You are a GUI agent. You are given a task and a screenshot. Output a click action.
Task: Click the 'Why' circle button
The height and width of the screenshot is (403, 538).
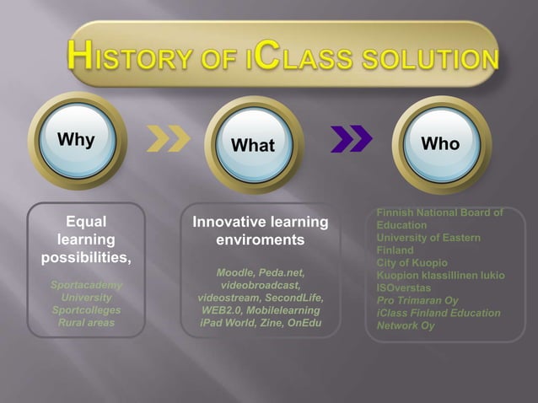[x=78, y=141]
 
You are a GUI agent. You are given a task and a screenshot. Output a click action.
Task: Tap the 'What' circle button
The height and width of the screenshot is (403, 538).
[x=254, y=145]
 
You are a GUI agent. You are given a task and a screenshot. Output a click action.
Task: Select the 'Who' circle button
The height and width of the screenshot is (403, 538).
[x=442, y=144]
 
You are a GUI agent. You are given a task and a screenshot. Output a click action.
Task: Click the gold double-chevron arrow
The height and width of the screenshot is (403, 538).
[x=169, y=138]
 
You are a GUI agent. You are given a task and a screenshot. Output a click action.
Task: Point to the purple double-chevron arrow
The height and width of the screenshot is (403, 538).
[x=352, y=138]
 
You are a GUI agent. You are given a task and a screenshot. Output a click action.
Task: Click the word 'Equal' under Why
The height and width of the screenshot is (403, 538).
[x=86, y=222]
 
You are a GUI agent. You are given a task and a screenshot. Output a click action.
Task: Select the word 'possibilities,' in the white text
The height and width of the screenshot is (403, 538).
[x=86, y=258]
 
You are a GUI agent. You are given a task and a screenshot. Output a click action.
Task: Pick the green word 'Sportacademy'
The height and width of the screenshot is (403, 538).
[x=87, y=285]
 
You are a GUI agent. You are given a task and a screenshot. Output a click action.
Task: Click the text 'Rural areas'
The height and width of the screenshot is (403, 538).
[x=87, y=322]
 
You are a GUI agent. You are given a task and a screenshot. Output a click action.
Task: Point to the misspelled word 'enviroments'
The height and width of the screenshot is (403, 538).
[x=261, y=239]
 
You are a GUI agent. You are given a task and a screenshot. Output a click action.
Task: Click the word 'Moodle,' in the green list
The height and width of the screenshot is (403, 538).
[x=235, y=272]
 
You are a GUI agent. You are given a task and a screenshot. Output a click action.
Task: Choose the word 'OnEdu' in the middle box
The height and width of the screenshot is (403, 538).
[x=304, y=323]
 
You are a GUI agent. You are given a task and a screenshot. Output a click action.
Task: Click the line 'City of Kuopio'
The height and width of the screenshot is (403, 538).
[x=412, y=263]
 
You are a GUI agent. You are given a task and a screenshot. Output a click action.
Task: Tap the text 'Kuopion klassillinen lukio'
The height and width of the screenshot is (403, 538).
[x=441, y=276]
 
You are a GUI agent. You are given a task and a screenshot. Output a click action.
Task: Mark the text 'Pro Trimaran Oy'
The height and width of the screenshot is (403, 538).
[x=417, y=300]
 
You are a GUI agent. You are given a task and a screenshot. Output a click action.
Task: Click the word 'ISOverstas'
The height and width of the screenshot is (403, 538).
[x=403, y=287]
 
